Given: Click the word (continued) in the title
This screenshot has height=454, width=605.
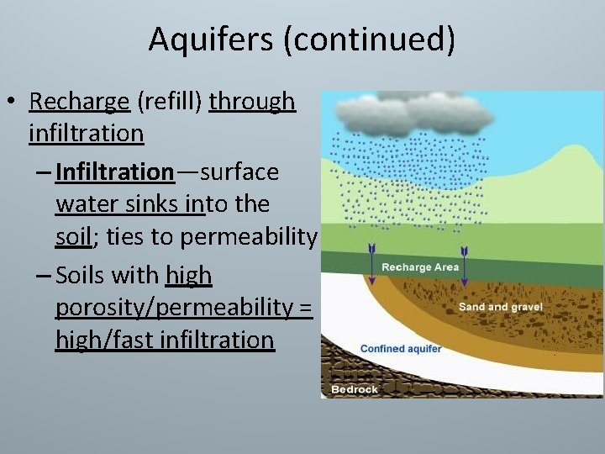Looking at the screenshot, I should coord(370,40).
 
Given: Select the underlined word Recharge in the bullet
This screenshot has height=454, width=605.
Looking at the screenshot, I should coord(79,102).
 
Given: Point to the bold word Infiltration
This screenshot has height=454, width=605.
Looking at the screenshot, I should coord(114,172).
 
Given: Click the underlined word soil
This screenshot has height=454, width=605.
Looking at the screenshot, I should coord(73,237).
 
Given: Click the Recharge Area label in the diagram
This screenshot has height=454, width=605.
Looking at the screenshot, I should coord(420,267).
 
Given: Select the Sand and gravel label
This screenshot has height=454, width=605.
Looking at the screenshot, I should coord(501,307).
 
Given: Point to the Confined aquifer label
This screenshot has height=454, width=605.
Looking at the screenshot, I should coord(401,348).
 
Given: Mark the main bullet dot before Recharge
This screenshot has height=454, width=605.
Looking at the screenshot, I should coord(12,103).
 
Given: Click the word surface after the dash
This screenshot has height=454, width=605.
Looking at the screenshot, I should coord(239,172).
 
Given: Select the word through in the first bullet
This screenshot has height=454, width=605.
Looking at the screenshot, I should coord(252,102).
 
